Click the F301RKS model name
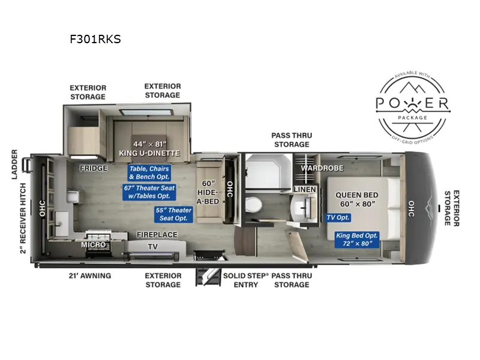click(95, 39)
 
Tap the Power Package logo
click(413, 108)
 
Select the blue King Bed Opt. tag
click(357, 239)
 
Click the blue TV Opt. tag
click(338, 217)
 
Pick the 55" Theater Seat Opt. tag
click(173, 214)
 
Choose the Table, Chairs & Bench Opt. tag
click(149, 173)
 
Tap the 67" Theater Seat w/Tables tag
click(149, 192)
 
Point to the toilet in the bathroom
click(253, 204)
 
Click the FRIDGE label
click(94, 168)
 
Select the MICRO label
click(94, 245)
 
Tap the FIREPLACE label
click(157, 235)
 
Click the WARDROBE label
click(322, 168)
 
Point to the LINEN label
click(305, 190)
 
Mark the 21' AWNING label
click(90, 275)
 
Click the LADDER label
click(14, 164)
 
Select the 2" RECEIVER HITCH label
click(23, 218)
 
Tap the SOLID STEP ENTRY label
click(245, 280)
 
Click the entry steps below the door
click(208, 277)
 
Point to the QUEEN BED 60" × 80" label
click(357, 199)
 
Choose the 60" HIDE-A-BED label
click(208, 192)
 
